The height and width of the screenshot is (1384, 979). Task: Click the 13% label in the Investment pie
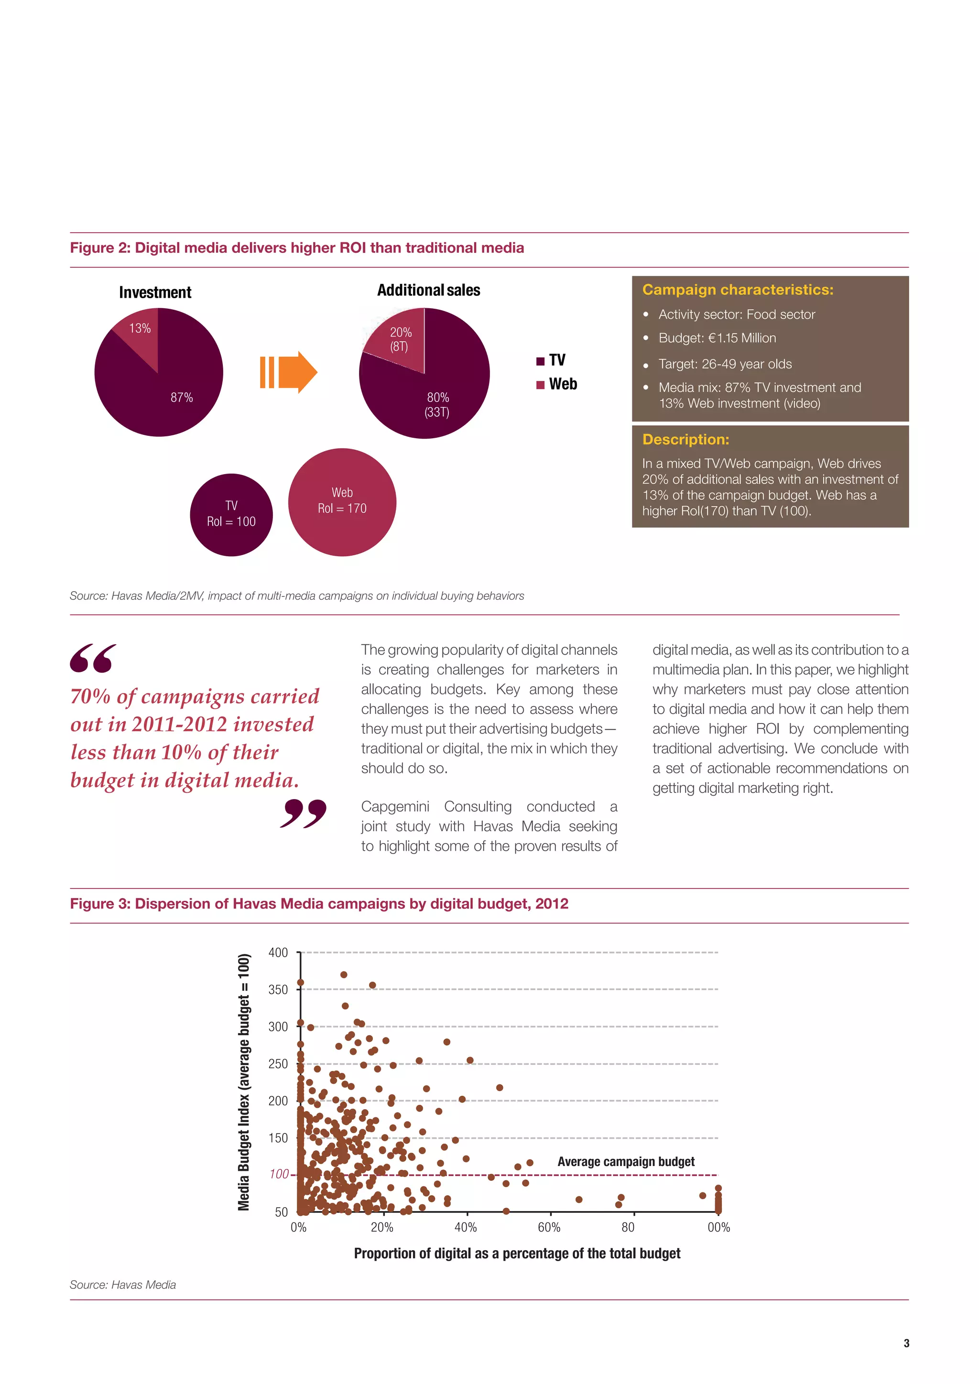[140, 328]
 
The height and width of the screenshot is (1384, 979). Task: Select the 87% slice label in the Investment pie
[182, 398]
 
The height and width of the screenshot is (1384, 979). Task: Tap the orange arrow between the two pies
[289, 372]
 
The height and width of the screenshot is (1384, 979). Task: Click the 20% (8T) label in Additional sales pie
[400, 339]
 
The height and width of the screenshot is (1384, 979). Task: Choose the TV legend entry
[551, 360]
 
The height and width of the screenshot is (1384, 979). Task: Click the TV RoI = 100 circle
[231, 514]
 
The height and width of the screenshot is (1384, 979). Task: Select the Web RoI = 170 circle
[342, 501]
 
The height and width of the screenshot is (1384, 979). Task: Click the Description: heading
[685, 440]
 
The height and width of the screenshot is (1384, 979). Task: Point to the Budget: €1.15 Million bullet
[717, 338]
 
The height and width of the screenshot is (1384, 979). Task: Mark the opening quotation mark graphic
[93, 658]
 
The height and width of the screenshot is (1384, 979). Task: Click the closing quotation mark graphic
[303, 814]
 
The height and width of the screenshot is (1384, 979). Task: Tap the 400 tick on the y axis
[278, 953]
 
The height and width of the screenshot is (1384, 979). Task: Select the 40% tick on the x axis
[466, 1227]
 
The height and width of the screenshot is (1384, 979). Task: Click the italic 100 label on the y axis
[279, 1174]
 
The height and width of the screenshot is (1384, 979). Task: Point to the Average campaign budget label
[626, 1162]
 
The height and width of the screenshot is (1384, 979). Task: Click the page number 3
[906, 1343]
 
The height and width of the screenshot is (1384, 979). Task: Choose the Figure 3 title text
[319, 904]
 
